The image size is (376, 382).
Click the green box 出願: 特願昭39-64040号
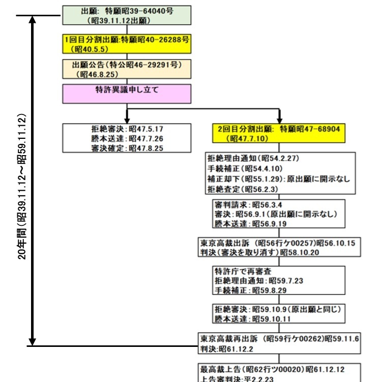click(126, 15)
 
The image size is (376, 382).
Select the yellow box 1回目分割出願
click(126, 45)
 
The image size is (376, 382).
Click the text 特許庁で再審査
click(239, 271)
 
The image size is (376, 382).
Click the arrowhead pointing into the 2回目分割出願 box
click(279, 119)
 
